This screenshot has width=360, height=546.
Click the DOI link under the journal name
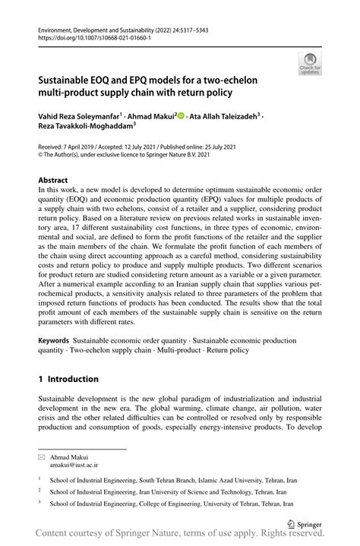coord(84,37)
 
